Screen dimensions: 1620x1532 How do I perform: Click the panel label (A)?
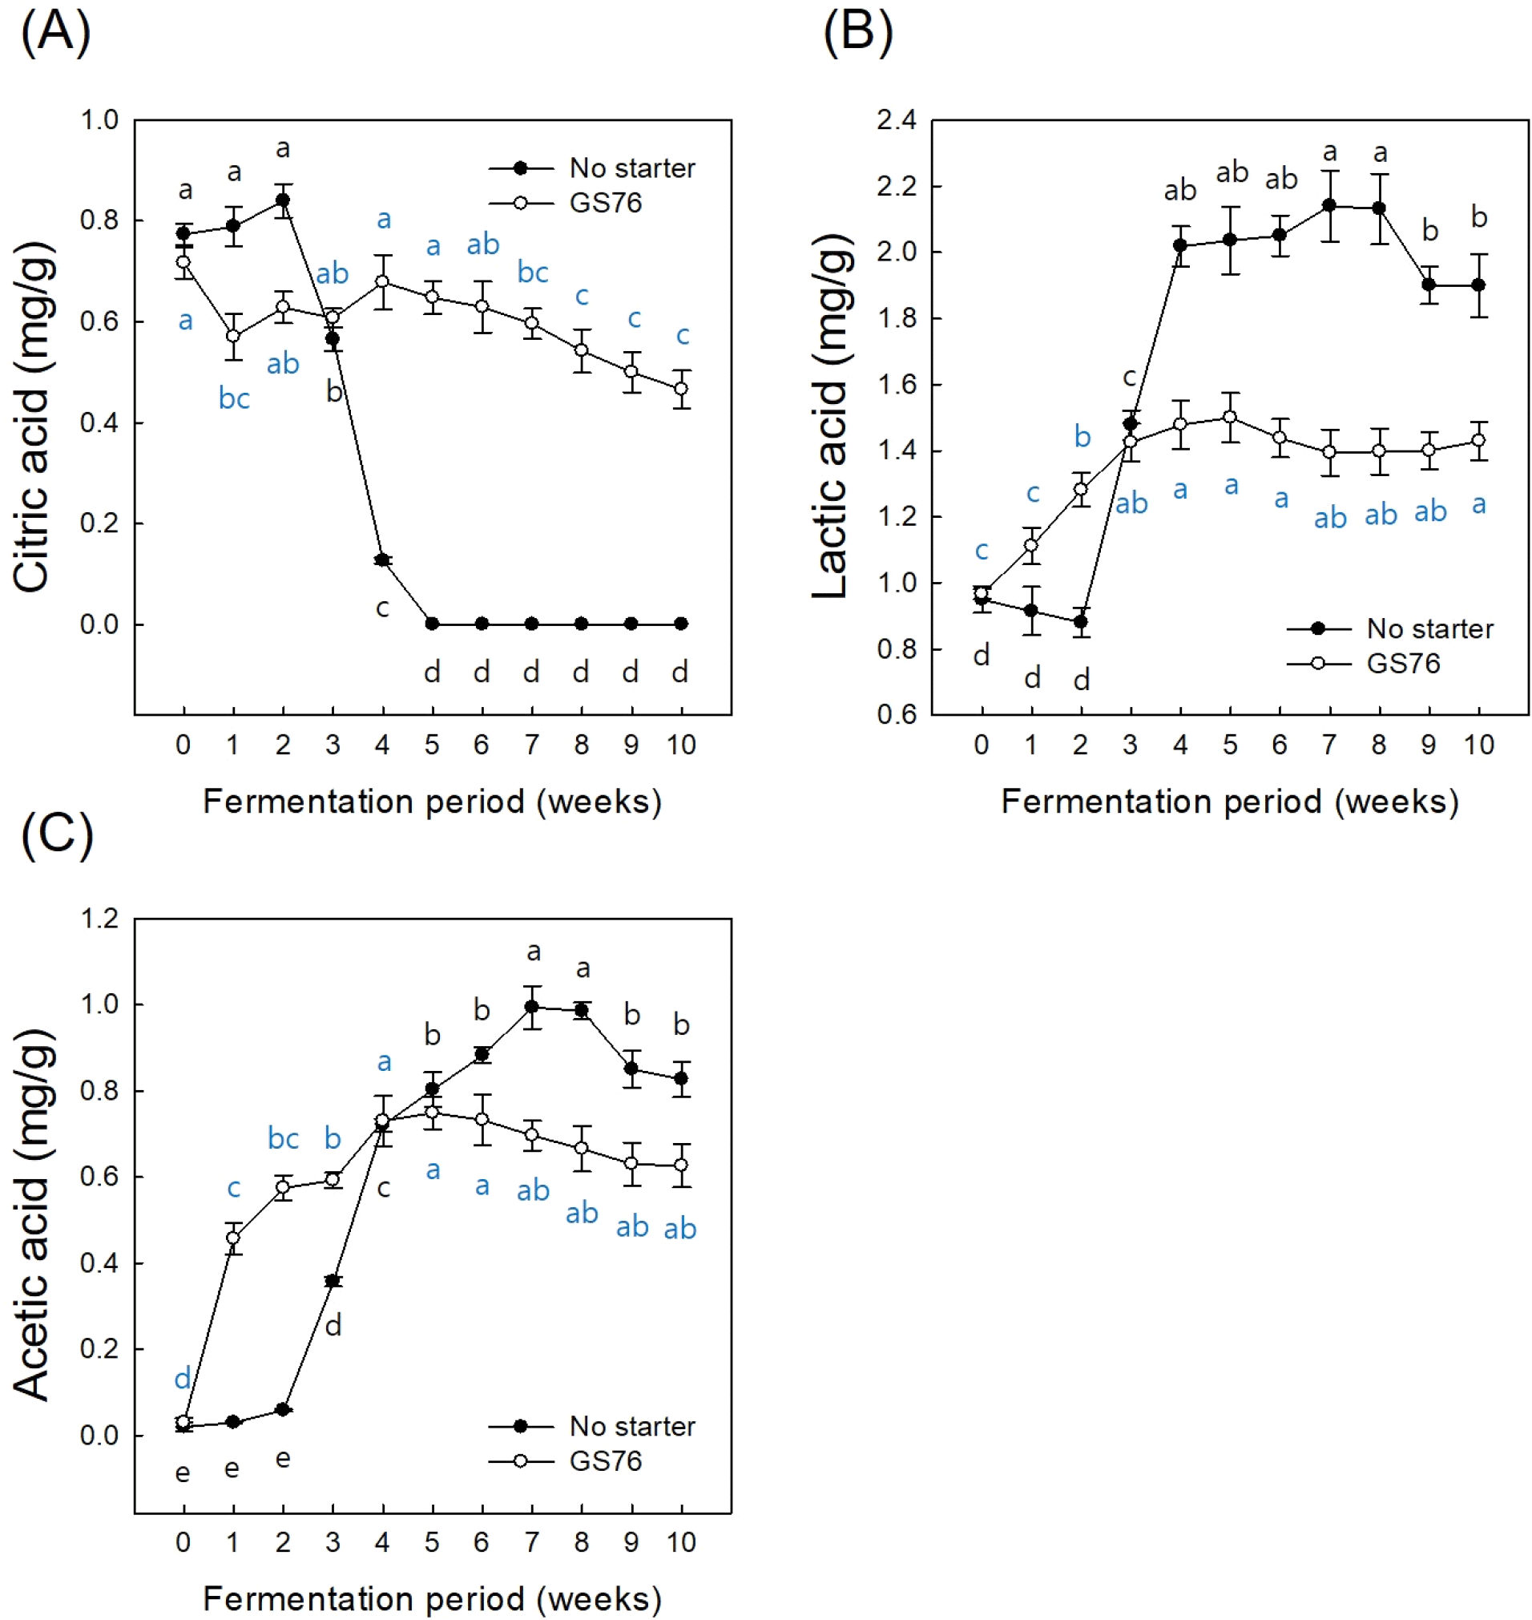(x=54, y=33)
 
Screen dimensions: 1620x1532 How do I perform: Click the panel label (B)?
(x=857, y=33)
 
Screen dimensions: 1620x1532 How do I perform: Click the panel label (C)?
(x=56, y=835)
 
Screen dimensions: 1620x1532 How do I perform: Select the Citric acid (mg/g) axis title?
(x=33, y=417)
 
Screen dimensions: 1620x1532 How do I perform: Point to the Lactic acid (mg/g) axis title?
(x=832, y=417)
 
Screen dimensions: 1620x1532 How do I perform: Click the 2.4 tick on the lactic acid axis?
(x=896, y=121)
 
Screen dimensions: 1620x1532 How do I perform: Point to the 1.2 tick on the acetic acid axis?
(x=99, y=919)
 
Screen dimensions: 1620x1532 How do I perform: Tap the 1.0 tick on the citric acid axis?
(x=99, y=121)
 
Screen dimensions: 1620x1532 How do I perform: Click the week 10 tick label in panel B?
(x=1478, y=744)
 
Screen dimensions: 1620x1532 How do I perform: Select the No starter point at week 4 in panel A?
(x=382, y=560)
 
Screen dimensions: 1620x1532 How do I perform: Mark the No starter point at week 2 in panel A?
(x=284, y=200)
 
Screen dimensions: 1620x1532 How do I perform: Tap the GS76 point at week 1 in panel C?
(x=233, y=1238)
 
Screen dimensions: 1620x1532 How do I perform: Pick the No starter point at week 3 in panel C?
(x=333, y=1280)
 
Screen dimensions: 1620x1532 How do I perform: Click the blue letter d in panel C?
(x=182, y=1378)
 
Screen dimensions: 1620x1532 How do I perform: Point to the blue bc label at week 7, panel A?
(x=533, y=272)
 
